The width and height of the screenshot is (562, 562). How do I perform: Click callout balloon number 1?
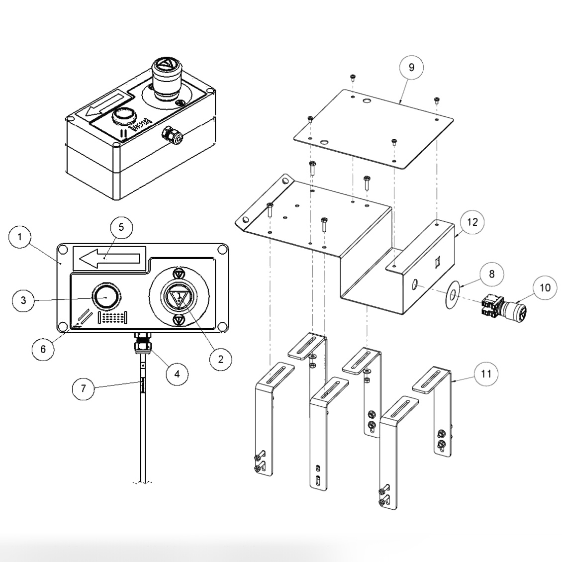point(20,237)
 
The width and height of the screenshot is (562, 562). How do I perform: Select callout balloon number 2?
point(220,358)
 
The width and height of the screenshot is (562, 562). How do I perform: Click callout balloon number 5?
point(121,227)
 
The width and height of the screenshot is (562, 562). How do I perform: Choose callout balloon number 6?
point(43,349)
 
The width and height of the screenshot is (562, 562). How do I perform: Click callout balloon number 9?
point(411,67)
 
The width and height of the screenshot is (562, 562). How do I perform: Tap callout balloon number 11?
point(486,373)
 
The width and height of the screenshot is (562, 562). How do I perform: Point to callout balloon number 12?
point(472,222)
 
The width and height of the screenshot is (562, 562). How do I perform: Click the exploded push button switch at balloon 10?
point(503,305)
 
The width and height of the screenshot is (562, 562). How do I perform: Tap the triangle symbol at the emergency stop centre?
point(178,297)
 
